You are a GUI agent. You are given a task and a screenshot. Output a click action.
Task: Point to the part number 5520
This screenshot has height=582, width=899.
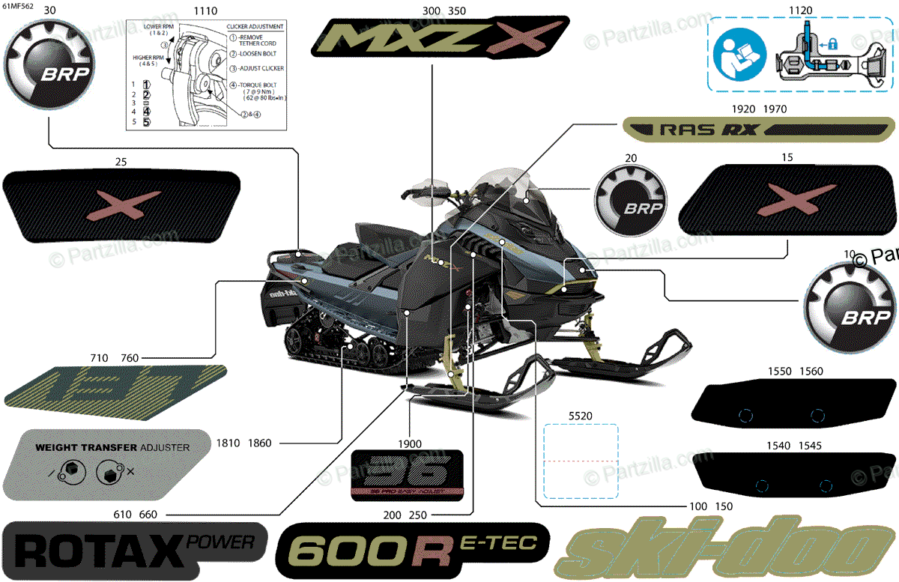point(581,413)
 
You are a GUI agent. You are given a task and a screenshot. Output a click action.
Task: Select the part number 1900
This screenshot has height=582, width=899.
point(410,443)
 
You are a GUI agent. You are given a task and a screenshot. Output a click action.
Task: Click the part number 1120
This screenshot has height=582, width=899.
point(800,10)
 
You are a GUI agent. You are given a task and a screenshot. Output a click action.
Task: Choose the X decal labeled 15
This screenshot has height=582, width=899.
point(787,199)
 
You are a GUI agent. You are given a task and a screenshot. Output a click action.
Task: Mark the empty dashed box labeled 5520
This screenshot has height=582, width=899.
point(581,461)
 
